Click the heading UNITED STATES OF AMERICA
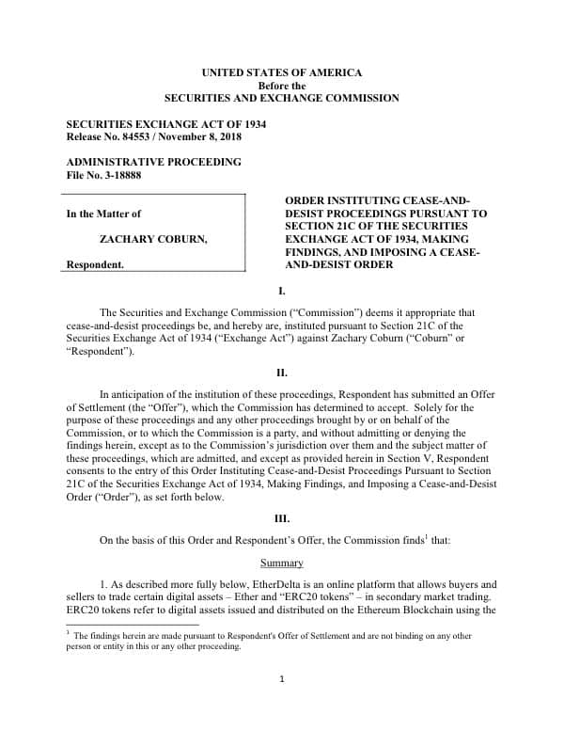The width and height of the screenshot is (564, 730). pyautogui.click(x=282, y=73)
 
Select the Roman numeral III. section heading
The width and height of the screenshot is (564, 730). pyautogui.click(x=282, y=518)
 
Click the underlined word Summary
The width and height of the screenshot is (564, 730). pyautogui.click(x=282, y=563)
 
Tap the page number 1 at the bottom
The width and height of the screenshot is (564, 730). pyautogui.click(x=282, y=679)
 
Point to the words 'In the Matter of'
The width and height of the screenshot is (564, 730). pyautogui.click(x=103, y=214)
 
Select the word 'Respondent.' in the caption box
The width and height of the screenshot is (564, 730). pyautogui.click(x=95, y=265)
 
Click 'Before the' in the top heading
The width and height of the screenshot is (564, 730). pyautogui.click(x=282, y=86)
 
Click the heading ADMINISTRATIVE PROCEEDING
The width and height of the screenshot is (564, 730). pyautogui.click(x=153, y=162)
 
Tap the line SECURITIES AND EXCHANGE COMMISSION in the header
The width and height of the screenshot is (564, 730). pyautogui.click(x=282, y=98)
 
